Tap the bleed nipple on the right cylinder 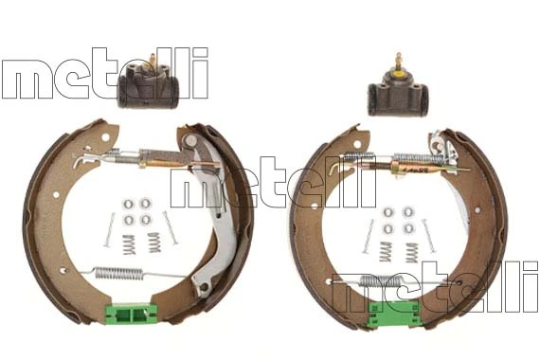coord(399,61)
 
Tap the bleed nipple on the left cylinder coord(153,61)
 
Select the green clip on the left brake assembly coord(131,314)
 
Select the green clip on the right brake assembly coord(394,315)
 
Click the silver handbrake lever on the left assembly coord(209,214)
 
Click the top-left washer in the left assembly coord(129,204)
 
